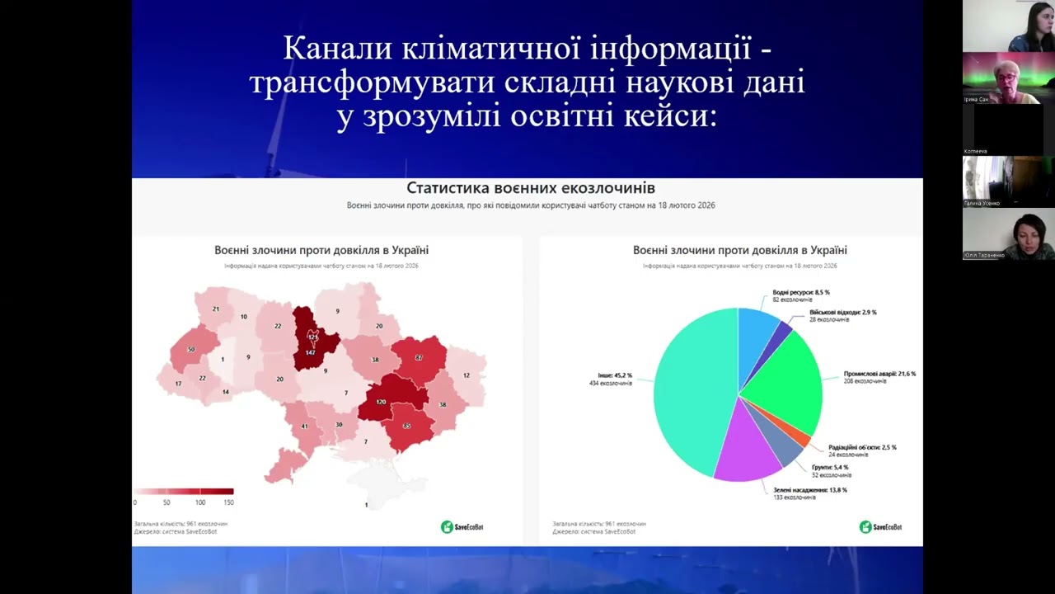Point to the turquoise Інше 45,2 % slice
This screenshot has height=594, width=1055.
coord(688,392)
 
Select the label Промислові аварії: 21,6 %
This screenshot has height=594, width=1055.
coord(879,374)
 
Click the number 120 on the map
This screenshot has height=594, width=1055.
coord(381,402)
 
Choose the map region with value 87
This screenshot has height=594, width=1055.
coord(419,358)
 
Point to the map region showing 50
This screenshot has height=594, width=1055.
coord(191,350)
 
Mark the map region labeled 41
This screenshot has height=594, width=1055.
coord(304,426)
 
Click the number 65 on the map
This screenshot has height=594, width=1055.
coord(406,427)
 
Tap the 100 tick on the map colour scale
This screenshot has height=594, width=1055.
coord(200,502)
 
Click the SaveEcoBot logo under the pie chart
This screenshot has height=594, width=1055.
coord(880,527)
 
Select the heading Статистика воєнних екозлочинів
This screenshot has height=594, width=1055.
coord(531,188)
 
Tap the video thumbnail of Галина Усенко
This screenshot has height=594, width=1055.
coord(1008,181)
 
